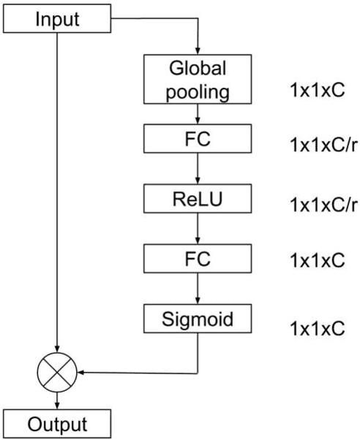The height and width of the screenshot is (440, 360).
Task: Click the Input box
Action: click(56, 18)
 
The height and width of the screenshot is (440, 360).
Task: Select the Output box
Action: click(56, 424)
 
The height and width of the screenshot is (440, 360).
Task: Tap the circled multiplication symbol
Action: click(56, 373)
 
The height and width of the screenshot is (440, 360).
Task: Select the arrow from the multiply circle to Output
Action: click(56, 400)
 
